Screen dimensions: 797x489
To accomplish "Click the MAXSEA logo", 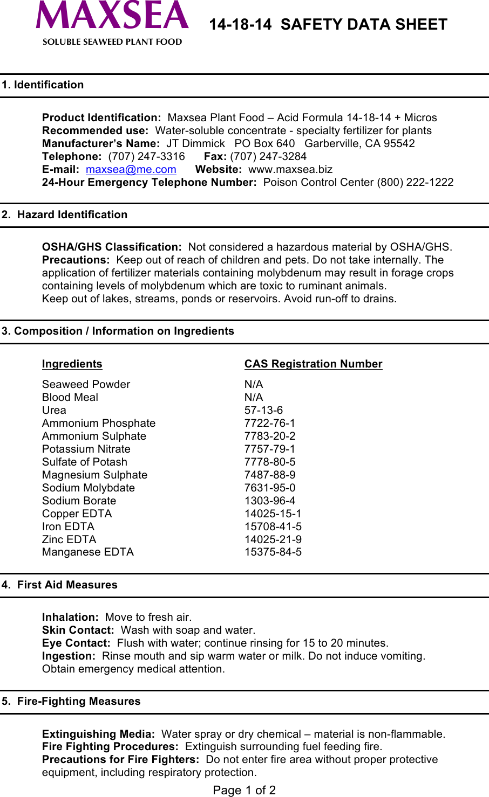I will (x=112, y=22).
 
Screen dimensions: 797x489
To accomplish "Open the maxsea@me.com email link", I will (x=131, y=169).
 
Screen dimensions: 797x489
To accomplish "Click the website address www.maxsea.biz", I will (x=290, y=169).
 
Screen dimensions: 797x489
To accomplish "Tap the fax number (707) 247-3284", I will (x=268, y=156).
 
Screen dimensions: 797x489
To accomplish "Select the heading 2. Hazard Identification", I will (x=64, y=214).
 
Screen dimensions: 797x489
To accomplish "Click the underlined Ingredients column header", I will (x=72, y=364).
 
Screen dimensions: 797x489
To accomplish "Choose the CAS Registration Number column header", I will (x=313, y=364).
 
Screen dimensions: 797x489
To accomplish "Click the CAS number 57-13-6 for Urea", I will (x=263, y=410).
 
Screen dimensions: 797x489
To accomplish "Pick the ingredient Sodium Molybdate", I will (x=89, y=488).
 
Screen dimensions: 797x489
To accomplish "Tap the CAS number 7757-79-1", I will (x=270, y=449).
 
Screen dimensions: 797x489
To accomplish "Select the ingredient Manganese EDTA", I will (x=88, y=552).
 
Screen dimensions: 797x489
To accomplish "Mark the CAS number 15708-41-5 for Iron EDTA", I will (x=273, y=526).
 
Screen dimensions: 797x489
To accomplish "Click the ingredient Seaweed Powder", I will (x=86, y=384).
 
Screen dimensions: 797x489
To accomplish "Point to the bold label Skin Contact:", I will (x=78, y=630).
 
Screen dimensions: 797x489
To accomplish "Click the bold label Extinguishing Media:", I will (x=98, y=734).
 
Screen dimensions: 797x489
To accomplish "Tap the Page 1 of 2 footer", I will (x=244, y=790).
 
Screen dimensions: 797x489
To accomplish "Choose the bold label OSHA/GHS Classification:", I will (x=112, y=247).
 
